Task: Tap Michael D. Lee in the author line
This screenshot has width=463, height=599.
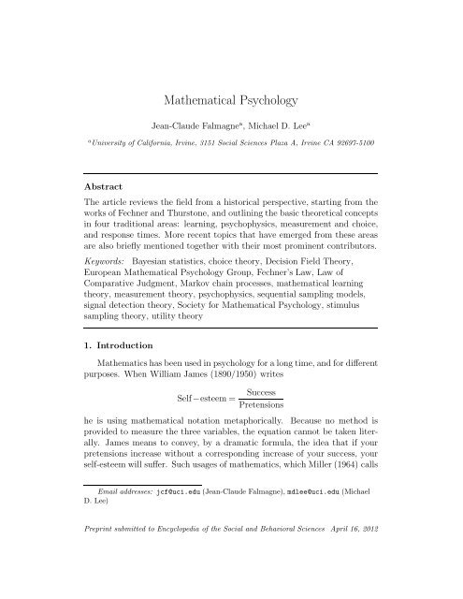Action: [271, 124]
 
